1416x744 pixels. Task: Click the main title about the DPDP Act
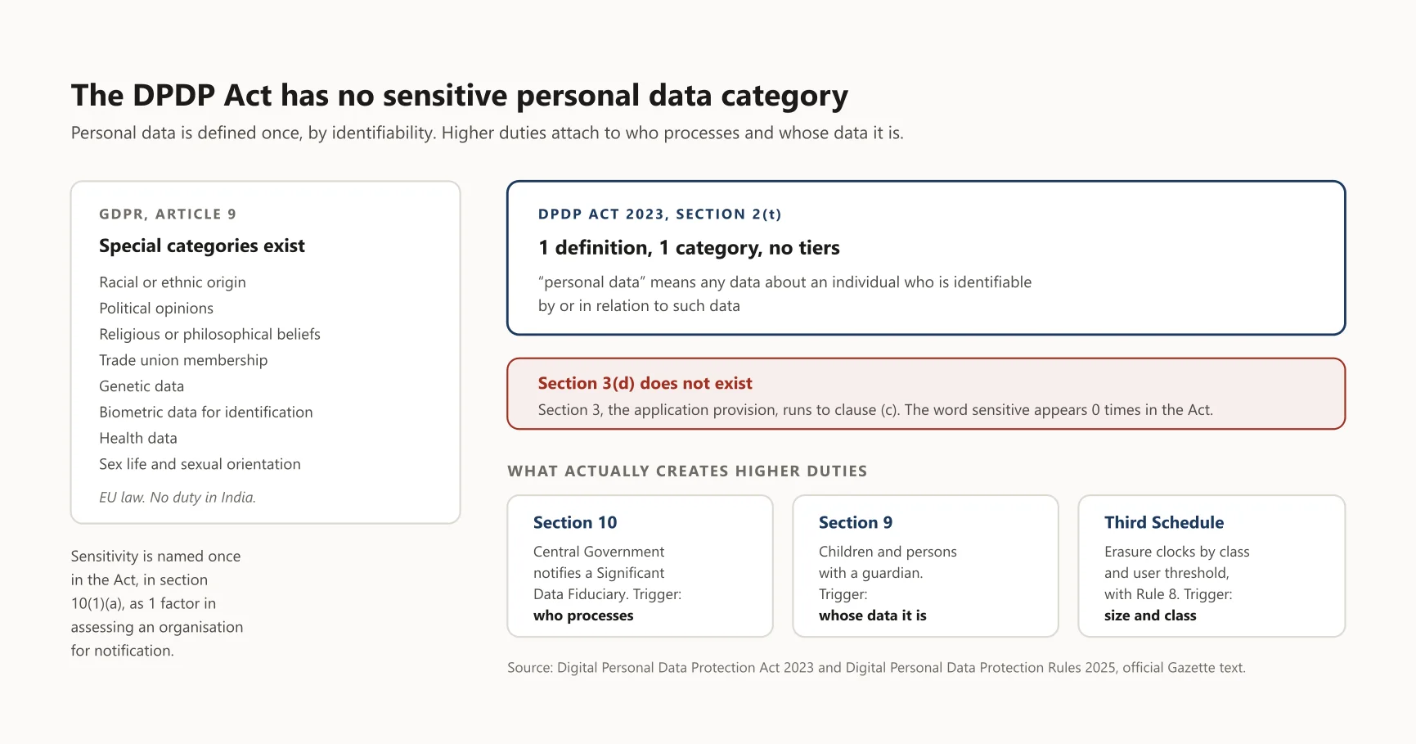click(x=460, y=96)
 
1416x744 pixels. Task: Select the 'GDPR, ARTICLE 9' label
click(x=168, y=214)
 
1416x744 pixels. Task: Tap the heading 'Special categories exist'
click(x=202, y=246)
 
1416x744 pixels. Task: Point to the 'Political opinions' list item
click(x=156, y=308)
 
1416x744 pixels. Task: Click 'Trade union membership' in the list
click(x=183, y=360)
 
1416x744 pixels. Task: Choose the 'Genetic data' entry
click(x=142, y=386)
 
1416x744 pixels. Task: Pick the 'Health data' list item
click(x=138, y=438)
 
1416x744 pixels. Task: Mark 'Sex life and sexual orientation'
click(x=200, y=464)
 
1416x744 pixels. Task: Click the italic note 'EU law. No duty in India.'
click(x=178, y=497)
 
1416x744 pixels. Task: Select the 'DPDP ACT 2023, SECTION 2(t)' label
click(x=660, y=214)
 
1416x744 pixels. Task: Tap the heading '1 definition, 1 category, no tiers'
click(x=689, y=247)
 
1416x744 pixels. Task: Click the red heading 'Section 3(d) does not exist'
click(x=645, y=383)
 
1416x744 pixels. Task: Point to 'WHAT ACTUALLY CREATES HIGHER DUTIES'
click(x=687, y=471)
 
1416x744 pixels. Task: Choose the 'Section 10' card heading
click(x=575, y=522)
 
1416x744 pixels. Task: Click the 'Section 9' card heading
click(x=856, y=522)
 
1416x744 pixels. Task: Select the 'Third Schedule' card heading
click(x=1164, y=522)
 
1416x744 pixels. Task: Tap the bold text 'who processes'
click(x=583, y=615)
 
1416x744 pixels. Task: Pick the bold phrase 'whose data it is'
click(x=873, y=615)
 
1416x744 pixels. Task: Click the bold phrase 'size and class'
click(x=1150, y=615)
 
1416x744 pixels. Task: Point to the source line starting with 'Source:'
click(x=876, y=668)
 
